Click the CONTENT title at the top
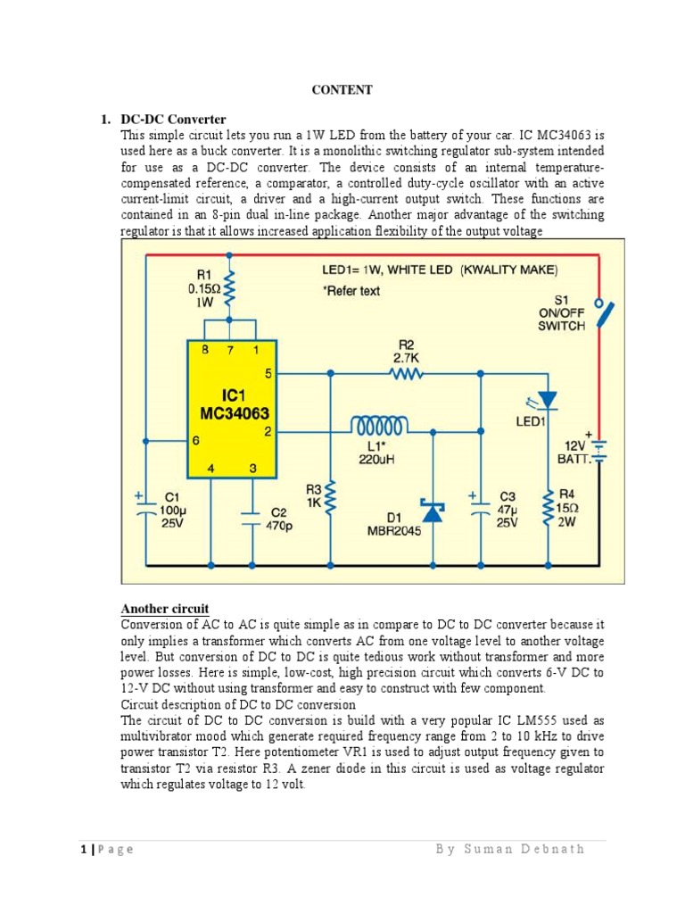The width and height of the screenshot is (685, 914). coord(342,90)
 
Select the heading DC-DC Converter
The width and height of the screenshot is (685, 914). coord(173,119)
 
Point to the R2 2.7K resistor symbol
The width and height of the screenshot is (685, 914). coord(407,375)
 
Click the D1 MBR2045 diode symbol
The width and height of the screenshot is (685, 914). coord(434,511)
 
